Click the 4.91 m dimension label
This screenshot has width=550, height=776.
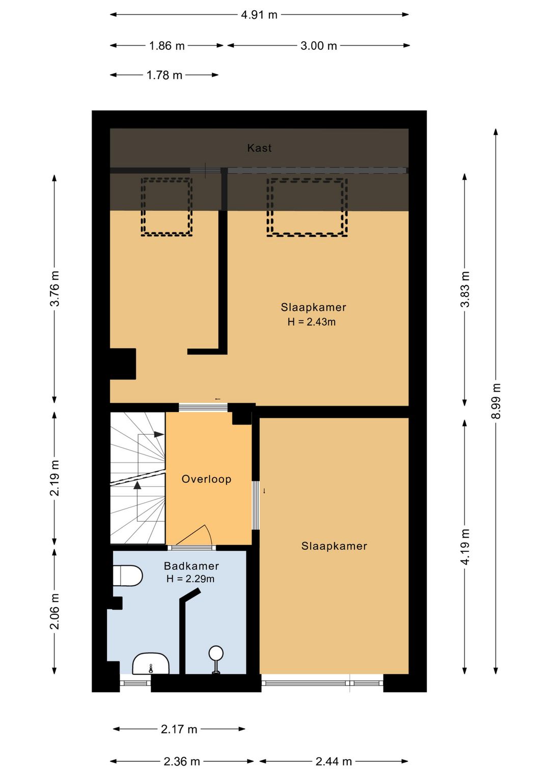pyautogui.click(x=259, y=15)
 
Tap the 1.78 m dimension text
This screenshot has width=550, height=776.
pyautogui.click(x=164, y=75)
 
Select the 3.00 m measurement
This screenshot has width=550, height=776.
pyautogui.click(x=318, y=46)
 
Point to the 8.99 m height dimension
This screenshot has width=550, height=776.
pyautogui.click(x=496, y=401)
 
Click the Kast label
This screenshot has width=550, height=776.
pyautogui.click(x=259, y=148)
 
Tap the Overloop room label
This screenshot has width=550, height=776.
pyautogui.click(x=206, y=479)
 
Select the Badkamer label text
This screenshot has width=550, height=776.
pyautogui.click(x=191, y=566)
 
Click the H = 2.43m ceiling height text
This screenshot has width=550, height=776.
pyautogui.click(x=311, y=322)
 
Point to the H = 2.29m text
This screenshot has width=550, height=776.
pyautogui.click(x=190, y=579)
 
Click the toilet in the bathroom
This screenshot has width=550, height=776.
pyautogui.click(x=127, y=576)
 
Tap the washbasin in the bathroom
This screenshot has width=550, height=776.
pyautogui.click(x=150, y=664)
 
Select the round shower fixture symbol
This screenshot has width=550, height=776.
pyautogui.click(x=216, y=653)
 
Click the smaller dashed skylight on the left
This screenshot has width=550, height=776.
pyautogui.click(x=167, y=206)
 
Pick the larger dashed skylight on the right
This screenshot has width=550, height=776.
pyautogui.click(x=307, y=207)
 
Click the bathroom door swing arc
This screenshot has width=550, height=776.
pyautogui.click(x=196, y=534)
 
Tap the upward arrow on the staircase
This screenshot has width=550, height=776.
pyautogui.click(x=137, y=486)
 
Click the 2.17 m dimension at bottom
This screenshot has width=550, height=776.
pyautogui.click(x=179, y=729)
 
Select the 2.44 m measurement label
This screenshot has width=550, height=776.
pyautogui.click(x=334, y=761)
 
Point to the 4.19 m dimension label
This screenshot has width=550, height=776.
pyautogui.click(x=465, y=547)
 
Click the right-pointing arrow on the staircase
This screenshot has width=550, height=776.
pyautogui.click(x=158, y=434)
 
